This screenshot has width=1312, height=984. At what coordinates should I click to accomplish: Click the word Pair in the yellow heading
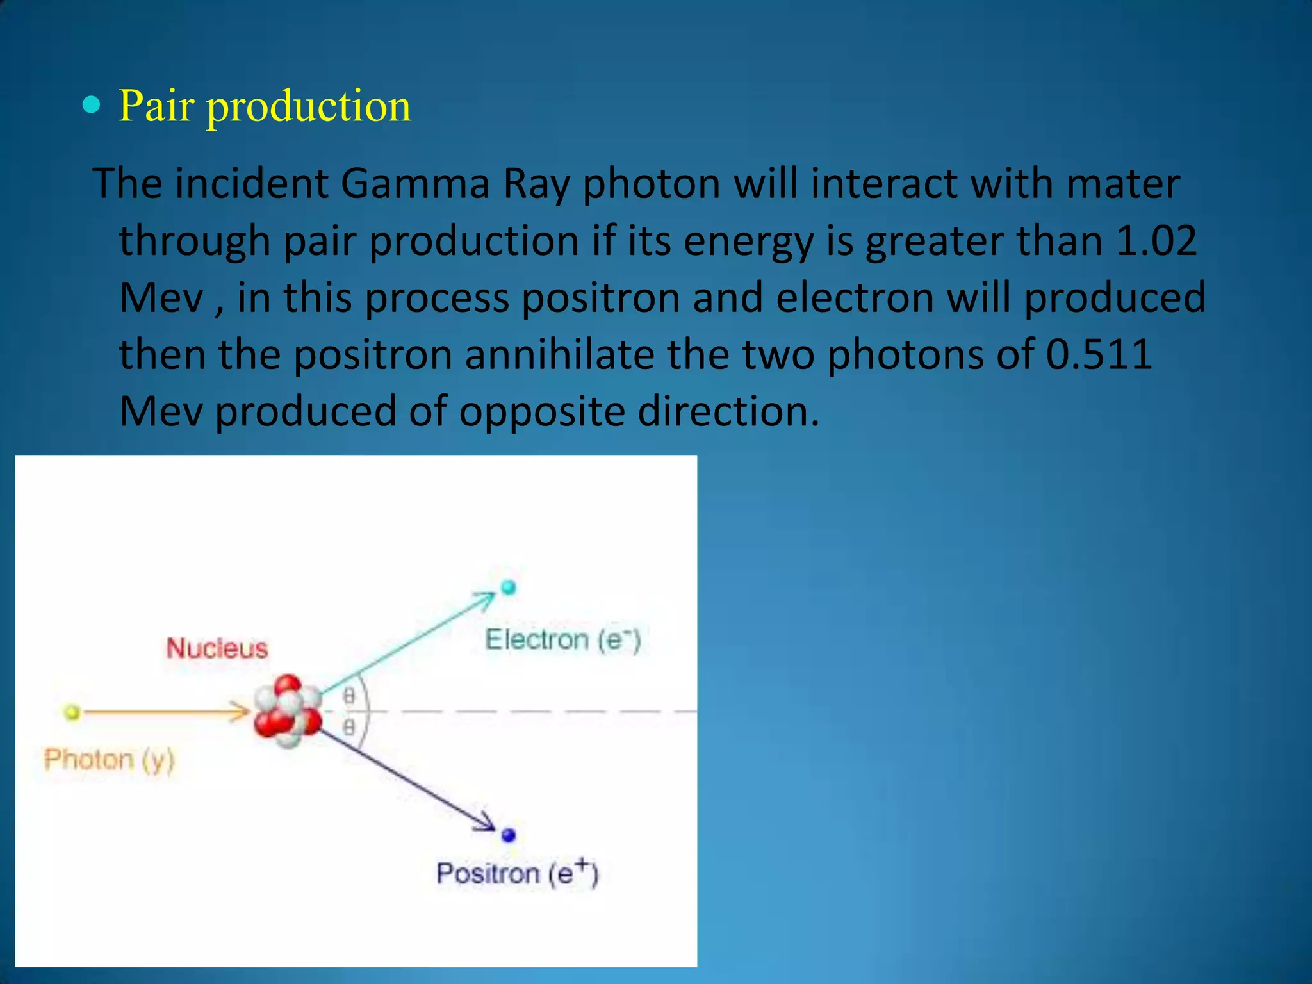(x=156, y=106)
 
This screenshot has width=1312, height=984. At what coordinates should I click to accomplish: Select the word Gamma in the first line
(x=415, y=184)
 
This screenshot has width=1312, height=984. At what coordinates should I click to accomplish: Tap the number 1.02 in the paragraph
(x=1156, y=241)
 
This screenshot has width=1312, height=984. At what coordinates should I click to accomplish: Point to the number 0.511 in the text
(x=1099, y=354)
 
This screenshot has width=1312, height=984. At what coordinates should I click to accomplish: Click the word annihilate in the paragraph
(x=559, y=354)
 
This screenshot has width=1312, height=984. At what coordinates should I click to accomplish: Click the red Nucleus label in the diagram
(x=217, y=648)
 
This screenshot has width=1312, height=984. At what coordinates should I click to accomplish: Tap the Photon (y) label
(x=110, y=760)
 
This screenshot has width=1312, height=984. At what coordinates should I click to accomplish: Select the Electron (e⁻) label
(x=562, y=640)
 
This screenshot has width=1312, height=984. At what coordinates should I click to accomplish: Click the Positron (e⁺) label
(x=517, y=873)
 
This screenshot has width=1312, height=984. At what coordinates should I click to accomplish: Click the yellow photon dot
(x=72, y=712)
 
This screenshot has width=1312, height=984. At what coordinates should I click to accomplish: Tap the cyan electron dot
(x=508, y=587)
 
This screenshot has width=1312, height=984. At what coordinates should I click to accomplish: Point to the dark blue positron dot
(x=509, y=835)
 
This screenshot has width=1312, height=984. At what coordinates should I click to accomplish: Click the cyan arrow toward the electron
(x=410, y=643)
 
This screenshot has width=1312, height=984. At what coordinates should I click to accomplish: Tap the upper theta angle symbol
(x=348, y=696)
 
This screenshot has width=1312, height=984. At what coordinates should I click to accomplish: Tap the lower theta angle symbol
(x=348, y=727)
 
